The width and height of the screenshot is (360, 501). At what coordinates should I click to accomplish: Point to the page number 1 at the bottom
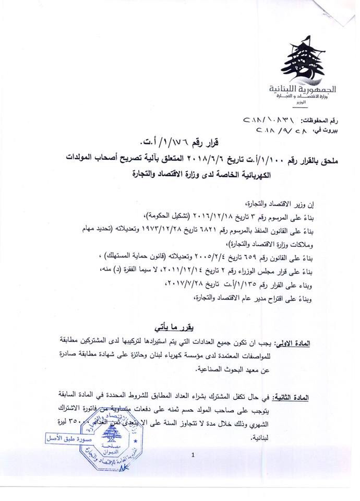193,456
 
